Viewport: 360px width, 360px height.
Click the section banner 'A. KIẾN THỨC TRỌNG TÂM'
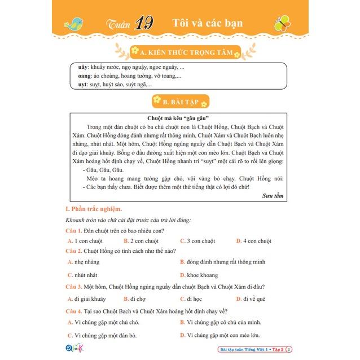coord(185,52)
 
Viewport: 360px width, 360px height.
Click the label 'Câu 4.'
coord(74,310)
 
